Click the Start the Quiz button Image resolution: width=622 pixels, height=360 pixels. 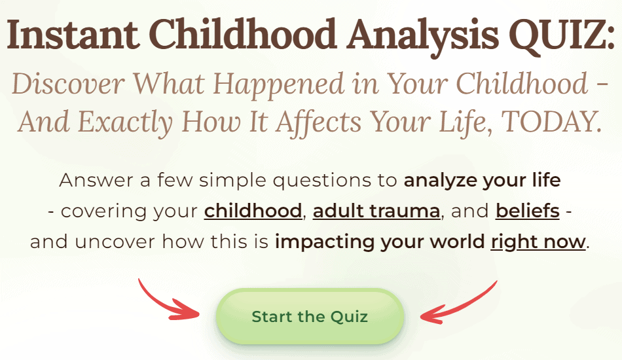pos(310,316)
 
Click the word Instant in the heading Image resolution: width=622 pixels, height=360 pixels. pos(73,35)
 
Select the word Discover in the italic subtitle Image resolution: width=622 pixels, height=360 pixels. pos(68,84)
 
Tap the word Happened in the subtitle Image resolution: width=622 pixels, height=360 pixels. pos(278,86)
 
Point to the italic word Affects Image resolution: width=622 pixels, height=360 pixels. pos(319,123)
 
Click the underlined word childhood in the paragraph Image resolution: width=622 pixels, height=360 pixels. pos(253,211)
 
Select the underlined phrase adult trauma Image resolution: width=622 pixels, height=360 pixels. pos(376,211)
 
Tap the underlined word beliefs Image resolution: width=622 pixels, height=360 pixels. pos(528,211)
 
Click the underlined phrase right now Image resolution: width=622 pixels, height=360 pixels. pos(538,242)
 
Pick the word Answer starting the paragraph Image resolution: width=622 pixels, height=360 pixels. pos(96,181)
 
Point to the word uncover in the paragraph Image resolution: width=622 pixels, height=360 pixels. pos(114,242)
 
